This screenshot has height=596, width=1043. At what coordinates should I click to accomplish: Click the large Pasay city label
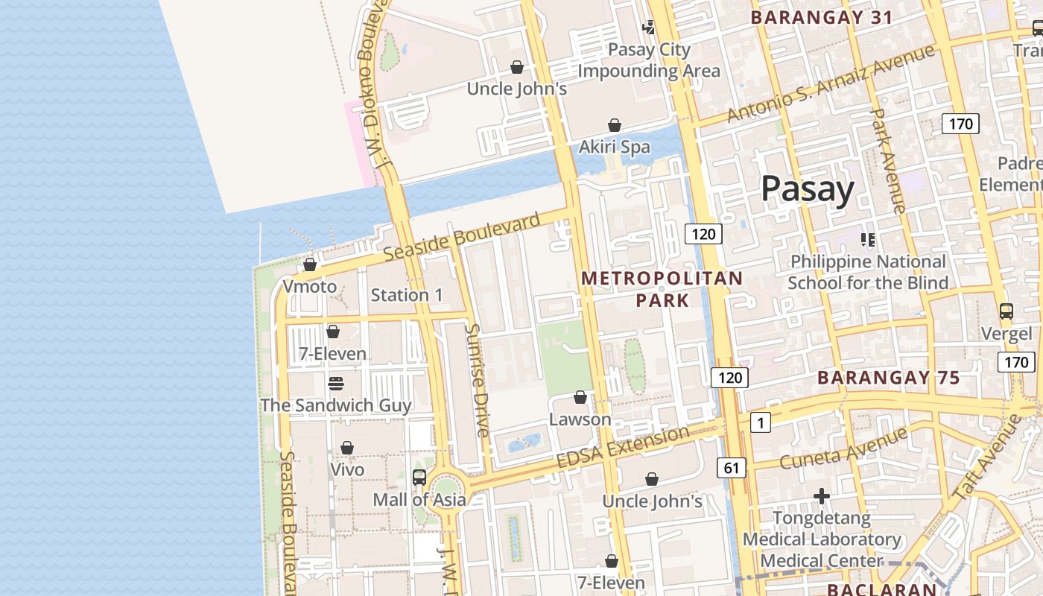(x=807, y=189)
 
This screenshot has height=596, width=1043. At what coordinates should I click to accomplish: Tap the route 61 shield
(x=732, y=468)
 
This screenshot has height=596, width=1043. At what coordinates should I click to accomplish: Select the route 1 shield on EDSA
(x=760, y=423)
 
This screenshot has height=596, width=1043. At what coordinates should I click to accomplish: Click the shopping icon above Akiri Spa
(x=615, y=125)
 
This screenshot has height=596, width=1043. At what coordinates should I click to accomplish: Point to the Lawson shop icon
(x=580, y=398)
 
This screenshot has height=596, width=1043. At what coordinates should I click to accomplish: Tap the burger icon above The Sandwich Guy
(x=336, y=384)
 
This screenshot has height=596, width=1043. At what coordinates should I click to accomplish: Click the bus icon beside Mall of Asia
(x=419, y=478)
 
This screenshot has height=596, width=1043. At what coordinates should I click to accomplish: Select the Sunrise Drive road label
(x=477, y=380)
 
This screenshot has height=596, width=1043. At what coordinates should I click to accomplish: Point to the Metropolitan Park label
(x=662, y=289)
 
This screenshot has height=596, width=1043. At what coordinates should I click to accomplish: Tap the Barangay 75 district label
(x=889, y=378)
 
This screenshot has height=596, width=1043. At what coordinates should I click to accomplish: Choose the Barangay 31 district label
(x=821, y=18)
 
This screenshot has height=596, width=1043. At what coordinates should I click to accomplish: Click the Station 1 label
(x=407, y=295)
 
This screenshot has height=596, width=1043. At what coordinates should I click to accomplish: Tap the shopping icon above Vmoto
(x=310, y=264)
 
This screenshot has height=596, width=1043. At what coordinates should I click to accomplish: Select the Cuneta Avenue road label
(x=843, y=448)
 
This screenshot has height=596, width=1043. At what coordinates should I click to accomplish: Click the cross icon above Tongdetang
(x=822, y=496)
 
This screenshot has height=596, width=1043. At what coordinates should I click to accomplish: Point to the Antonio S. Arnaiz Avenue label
(x=830, y=83)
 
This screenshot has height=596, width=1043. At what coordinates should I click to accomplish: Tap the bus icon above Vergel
(x=1006, y=311)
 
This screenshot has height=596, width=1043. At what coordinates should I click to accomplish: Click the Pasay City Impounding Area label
(x=649, y=60)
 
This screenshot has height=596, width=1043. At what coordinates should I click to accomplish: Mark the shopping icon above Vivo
(x=347, y=448)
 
